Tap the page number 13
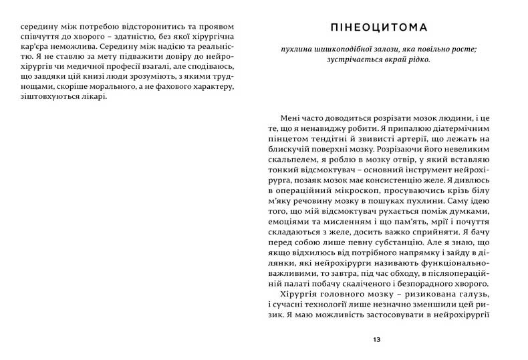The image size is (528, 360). [378, 341]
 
